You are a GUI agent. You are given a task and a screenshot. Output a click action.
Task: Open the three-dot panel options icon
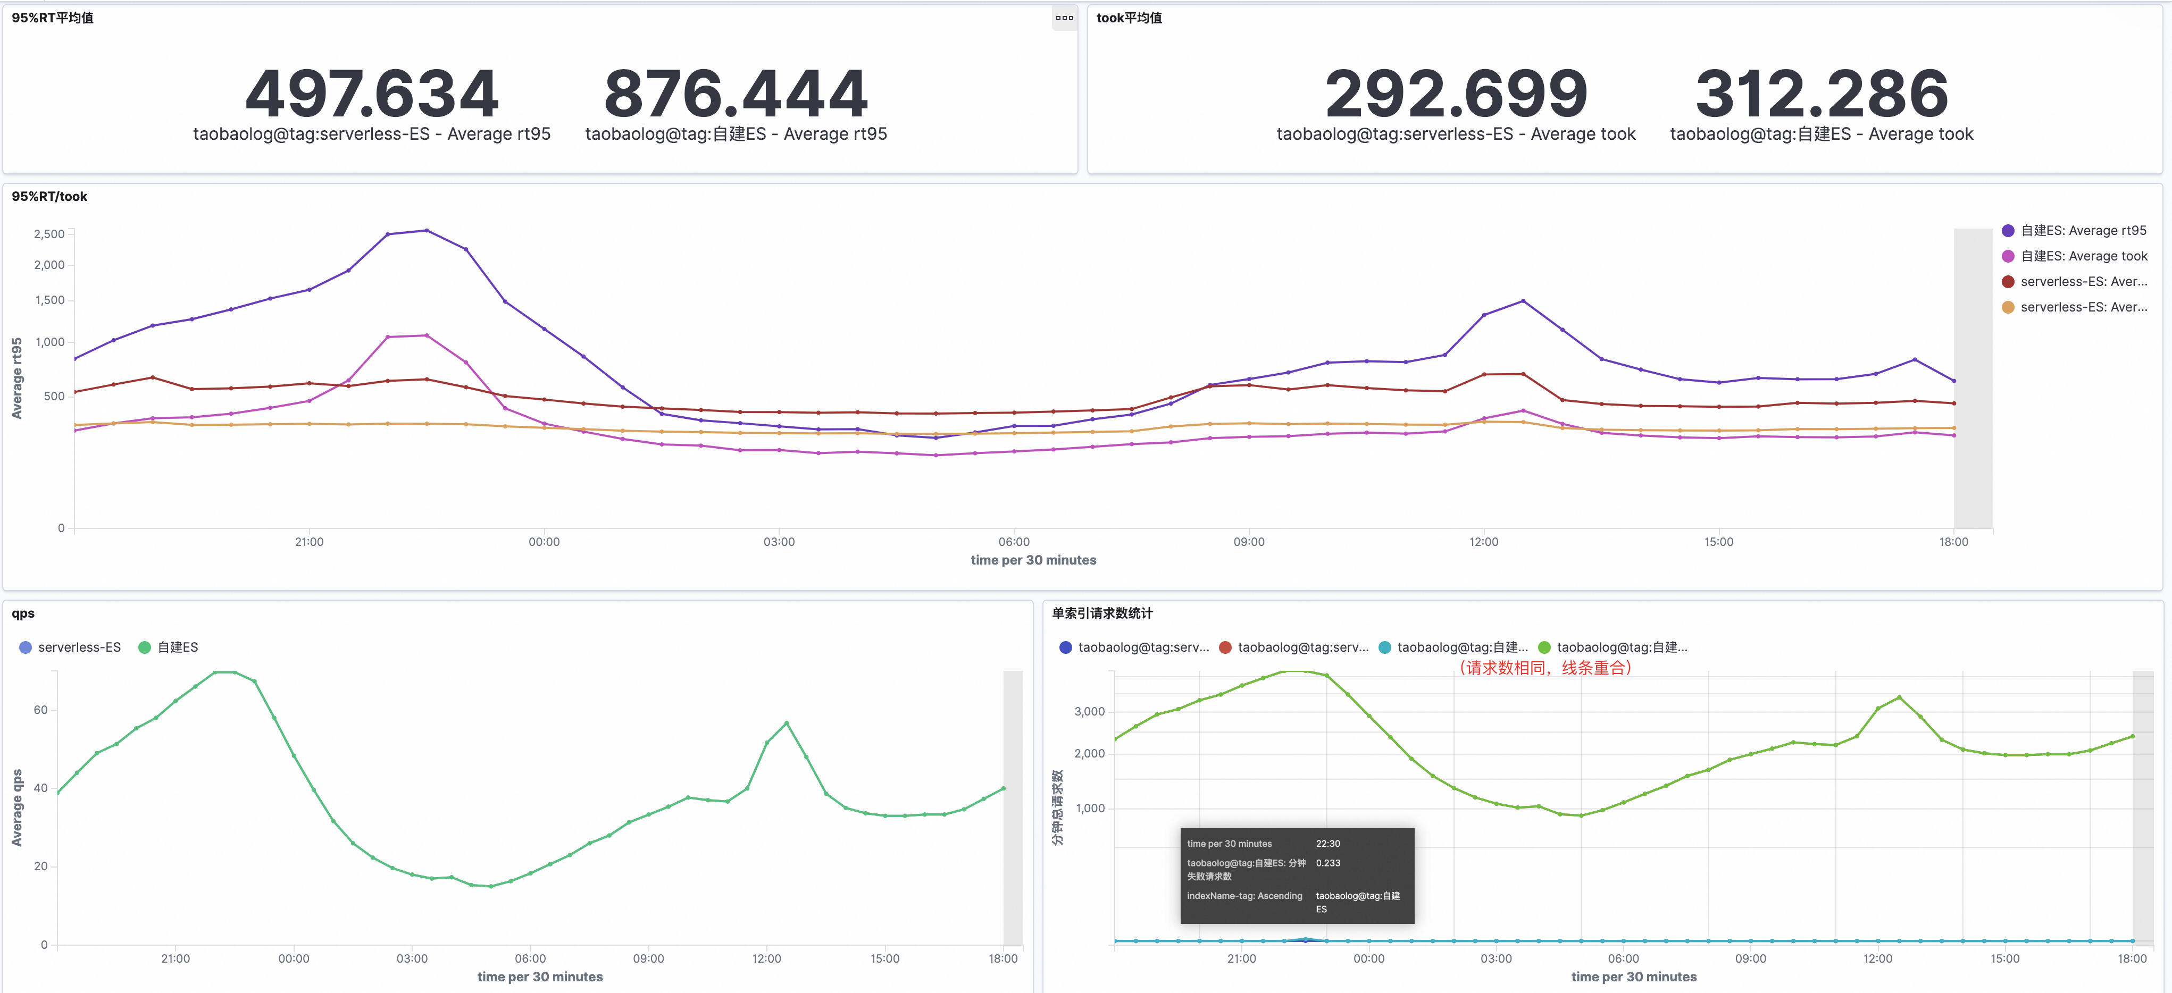point(1064,18)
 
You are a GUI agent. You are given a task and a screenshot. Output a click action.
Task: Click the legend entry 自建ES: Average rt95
point(2083,231)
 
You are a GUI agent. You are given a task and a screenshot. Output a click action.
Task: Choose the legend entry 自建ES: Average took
point(2083,256)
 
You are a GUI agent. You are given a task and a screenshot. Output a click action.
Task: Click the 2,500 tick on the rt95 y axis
point(49,234)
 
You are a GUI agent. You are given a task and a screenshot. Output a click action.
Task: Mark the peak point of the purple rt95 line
point(427,230)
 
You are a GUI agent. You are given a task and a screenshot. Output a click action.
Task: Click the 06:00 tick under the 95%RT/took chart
point(1014,542)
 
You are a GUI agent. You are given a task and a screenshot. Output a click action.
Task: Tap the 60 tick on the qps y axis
point(40,710)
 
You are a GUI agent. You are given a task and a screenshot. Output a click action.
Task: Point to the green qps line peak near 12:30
point(787,723)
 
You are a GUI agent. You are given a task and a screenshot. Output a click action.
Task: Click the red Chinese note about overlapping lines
point(1544,668)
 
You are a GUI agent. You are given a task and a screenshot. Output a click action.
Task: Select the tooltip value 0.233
point(1328,863)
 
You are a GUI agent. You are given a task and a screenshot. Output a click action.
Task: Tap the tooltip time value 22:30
point(1328,844)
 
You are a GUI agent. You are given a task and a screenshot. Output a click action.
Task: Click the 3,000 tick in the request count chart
point(1089,711)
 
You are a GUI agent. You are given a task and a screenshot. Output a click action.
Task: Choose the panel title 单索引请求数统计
point(1102,613)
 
